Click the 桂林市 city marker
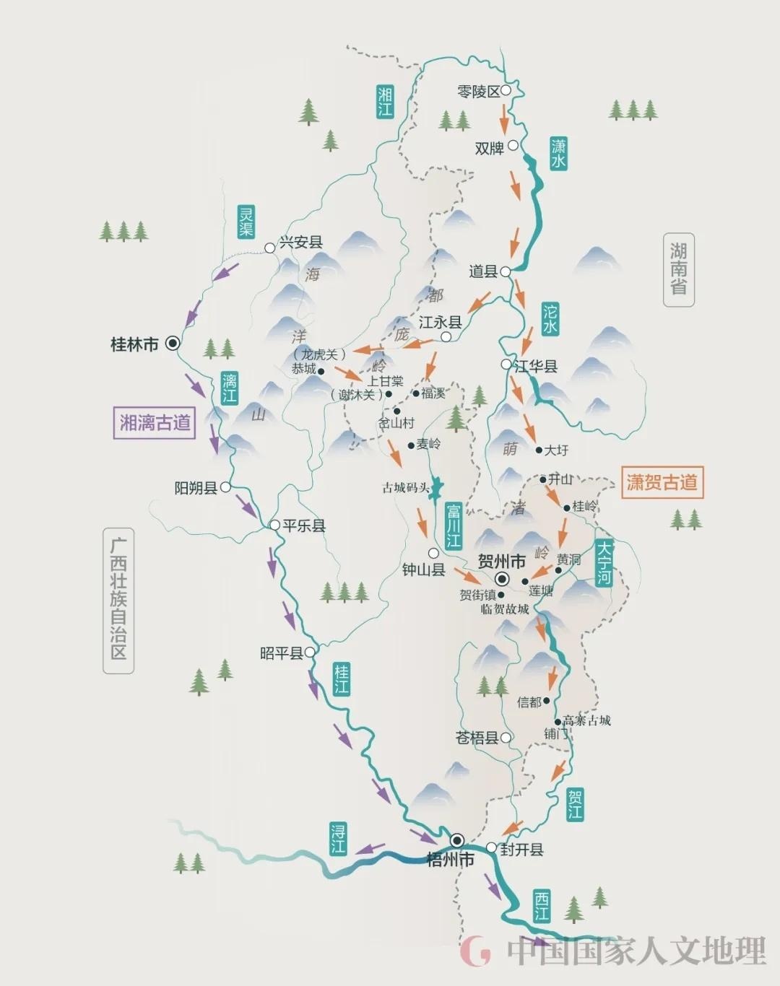pos(173,344)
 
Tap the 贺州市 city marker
pos(501,578)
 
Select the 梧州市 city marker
pos(457,840)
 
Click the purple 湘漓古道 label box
pos(155,422)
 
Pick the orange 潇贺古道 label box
pos(662,481)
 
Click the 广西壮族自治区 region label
pos(118,601)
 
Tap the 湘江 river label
pos(386,101)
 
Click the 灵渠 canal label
pos(247,222)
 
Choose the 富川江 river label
pos(454,525)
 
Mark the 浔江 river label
pos(338,838)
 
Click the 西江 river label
pos(541,906)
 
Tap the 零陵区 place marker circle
pos(506,90)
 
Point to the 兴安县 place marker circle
pos(270,248)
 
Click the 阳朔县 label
pos(196,489)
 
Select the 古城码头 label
pos(406,488)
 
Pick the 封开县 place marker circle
pos(492,847)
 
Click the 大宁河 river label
pos(604,562)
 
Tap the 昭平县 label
pos(281,654)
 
